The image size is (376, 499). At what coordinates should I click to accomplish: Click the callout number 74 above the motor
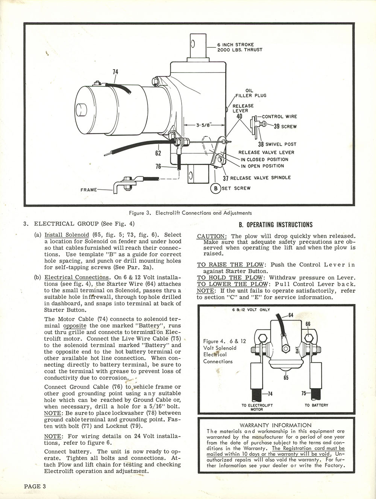pyautogui.click(x=115, y=71)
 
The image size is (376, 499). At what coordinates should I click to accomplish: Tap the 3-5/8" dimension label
pyautogui.click(x=203, y=125)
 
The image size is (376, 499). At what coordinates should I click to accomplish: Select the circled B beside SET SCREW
pyautogui.click(x=215, y=188)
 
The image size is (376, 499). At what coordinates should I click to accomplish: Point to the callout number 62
pyautogui.click(x=158, y=153)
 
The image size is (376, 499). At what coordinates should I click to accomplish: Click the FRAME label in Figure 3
pyautogui.click(x=89, y=190)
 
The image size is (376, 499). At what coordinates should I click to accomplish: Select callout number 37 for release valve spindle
pyautogui.click(x=226, y=178)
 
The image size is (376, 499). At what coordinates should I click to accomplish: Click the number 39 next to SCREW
pyautogui.click(x=277, y=126)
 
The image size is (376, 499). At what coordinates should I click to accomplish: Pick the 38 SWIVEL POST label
pyautogui.click(x=277, y=144)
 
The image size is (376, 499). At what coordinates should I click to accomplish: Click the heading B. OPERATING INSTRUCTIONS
pyautogui.click(x=276, y=225)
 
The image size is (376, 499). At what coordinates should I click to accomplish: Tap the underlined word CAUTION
pyautogui.click(x=211, y=236)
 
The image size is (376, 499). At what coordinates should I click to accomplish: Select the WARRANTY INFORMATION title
pyautogui.click(x=276, y=425)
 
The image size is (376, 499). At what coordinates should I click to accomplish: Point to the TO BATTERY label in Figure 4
pyautogui.click(x=316, y=405)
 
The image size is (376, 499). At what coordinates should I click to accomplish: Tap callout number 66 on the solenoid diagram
pyautogui.click(x=308, y=324)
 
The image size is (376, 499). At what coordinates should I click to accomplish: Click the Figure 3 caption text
pyautogui.click(x=190, y=213)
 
